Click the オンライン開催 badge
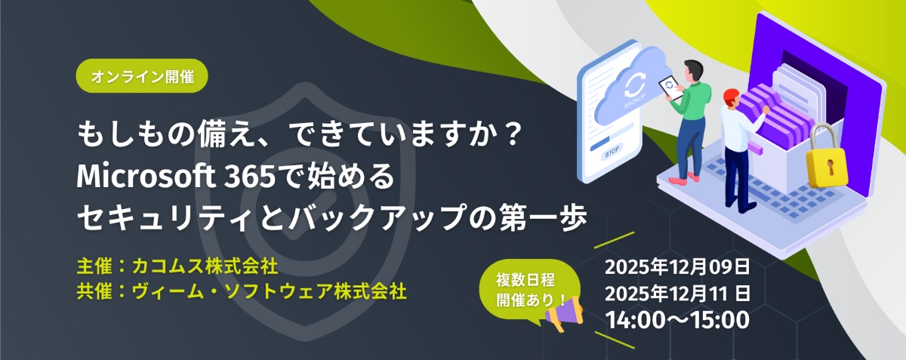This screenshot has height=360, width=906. pyautogui.click(x=142, y=76)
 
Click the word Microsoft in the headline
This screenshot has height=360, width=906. pyautogui.click(x=146, y=177)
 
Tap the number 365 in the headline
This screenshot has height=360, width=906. pyautogui.click(x=250, y=177)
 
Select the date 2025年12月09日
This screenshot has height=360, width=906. pyautogui.click(x=677, y=267)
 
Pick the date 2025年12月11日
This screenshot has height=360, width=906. pyautogui.click(x=677, y=294)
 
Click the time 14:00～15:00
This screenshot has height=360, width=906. pyautogui.click(x=677, y=320)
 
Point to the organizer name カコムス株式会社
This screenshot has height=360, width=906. pyautogui.click(x=205, y=266)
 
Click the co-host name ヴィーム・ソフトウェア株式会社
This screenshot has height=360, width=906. pyautogui.click(x=269, y=291)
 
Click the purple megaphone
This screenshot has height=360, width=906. pyautogui.click(x=565, y=314)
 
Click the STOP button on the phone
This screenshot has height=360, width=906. pyautogui.click(x=612, y=152)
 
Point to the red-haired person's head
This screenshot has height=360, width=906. pyautogui.click(x=731, y=97)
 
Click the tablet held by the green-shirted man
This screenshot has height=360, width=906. pyautogui.click(x=670, y=88)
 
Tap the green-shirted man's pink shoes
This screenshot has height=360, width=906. pyautogui.click(x=684, y=179)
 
